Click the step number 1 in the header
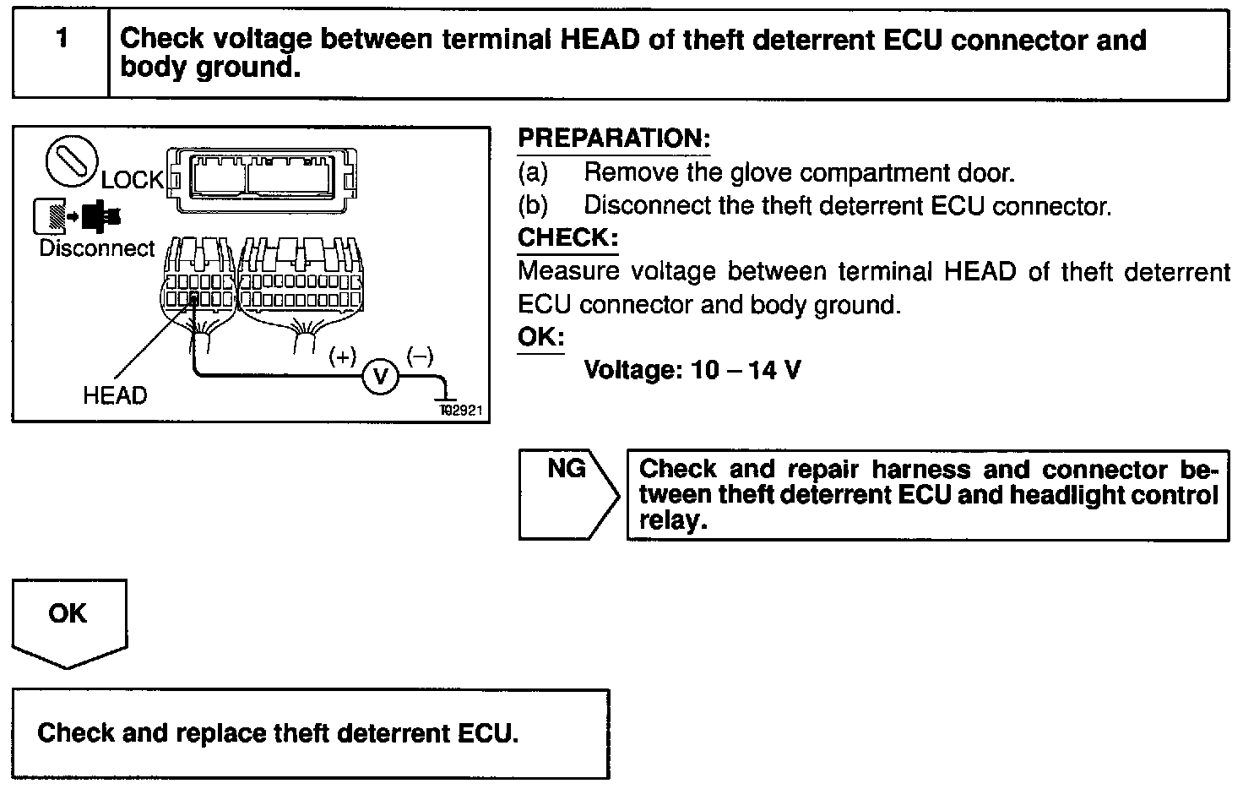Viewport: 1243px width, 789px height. pyautogui.click(x=61, y=39)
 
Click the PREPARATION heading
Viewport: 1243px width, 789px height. pyautogui.click(x=614, y=139)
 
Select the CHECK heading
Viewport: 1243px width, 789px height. pyautogui.click(x=567, y=237)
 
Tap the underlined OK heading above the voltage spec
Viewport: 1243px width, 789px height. pyautogui.click(x=540, y=337)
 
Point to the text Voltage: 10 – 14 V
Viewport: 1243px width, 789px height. pyautogui.click(x=692, y=370)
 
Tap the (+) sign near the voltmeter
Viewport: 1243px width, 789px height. pyautogui.click(x=343, y=356)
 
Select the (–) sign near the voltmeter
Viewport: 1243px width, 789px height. pyautogui.click(x=420, y=356)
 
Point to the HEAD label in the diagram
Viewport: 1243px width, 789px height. pyautogui.click(x=115, y=395)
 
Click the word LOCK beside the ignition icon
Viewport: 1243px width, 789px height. pyautogui.click(x=133, y=179)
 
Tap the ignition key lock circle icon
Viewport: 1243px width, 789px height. pyautogui.click(x=72, y=162)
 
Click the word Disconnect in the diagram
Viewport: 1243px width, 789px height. pyautogui.click(x=97, y=248)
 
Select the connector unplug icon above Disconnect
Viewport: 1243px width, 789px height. pyautogui.click(x=77, y=215)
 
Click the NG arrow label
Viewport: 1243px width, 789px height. pyautogui.click(x=567, y=470)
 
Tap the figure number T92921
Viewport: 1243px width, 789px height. pyautogui.click(x=460, y=411)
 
